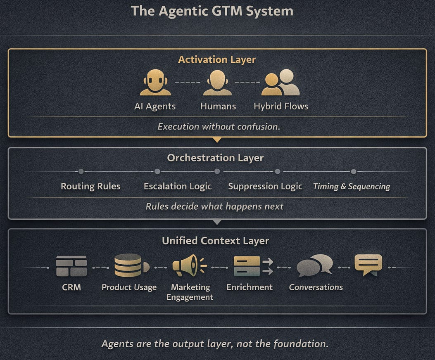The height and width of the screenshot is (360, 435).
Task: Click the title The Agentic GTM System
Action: pyautogui.click(x=212, y=11)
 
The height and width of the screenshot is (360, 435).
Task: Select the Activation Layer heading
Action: pyautogui.click(x=217, y=59)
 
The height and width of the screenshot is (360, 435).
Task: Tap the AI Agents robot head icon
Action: pyautogui.click(x=155, y=83)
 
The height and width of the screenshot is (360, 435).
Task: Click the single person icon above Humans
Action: pyautogui.click(x=218, y=83)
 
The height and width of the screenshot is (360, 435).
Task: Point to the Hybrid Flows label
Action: pyautogui.click(x=281, y=106)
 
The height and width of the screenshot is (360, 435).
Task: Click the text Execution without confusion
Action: pyautogui.click(x=219, y=126)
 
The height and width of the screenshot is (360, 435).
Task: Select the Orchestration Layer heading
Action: pyautogui.click(x=215, y=158)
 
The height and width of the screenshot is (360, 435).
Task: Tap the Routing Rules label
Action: pyautogui.click(x=90, y=186)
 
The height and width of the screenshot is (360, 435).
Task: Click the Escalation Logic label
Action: pyautogui.click(x=178, y=186)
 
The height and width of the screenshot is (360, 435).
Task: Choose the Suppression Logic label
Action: pyautogui.click(x=265, y=186)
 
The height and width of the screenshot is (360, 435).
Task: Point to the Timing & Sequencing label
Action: pyautogui.click(x=352, y=186)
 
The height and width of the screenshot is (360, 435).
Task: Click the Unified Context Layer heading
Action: pyautogui.click(x=216, y=241)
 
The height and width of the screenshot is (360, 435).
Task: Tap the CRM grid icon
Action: pyautogui.click(x=71, y=266)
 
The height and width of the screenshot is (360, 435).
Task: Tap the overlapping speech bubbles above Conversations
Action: pyautogui.click(x=314, y=265)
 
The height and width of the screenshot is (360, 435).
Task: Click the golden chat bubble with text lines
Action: pyautogui.click(x=368, y=265)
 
